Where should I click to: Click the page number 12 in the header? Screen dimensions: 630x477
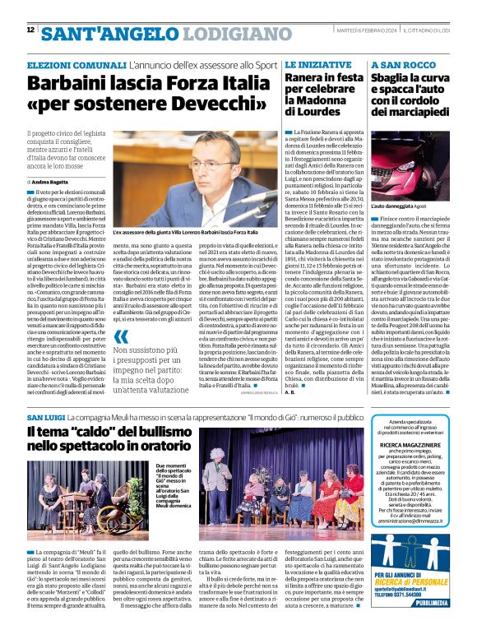click(30, 30)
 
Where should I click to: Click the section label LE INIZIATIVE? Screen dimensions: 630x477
click(313, 63)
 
